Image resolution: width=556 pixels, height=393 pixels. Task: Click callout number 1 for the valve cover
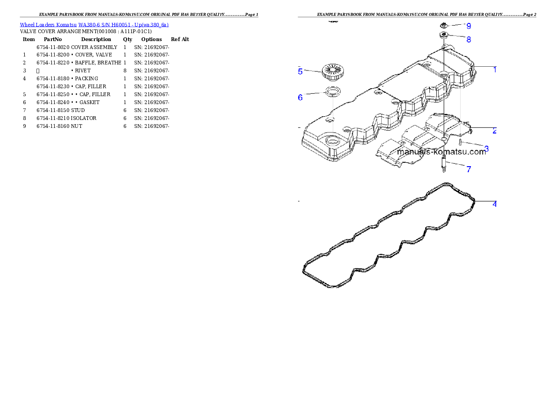coord(495,70)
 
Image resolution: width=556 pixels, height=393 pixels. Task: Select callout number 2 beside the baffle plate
coord(494,131)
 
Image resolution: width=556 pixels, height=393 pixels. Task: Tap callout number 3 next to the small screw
coord(486,148)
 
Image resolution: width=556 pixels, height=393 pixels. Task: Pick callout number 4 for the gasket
coord(494,204)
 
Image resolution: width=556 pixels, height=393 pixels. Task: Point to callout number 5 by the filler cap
coord(300,71)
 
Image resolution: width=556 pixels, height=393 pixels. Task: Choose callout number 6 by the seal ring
coord(300,97)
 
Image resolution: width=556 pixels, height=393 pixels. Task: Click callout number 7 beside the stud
coord(469,169)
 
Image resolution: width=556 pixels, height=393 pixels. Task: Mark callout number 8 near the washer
coord(469,39)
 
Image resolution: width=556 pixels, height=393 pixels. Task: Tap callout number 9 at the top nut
coord(469,26)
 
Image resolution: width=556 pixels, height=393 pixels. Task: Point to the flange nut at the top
coord(444,24)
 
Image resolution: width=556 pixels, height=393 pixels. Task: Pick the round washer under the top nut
coord(443,36)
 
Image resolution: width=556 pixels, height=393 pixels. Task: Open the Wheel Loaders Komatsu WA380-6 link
coord(94,25)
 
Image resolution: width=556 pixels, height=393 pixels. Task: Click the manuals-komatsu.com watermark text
coord(442,152)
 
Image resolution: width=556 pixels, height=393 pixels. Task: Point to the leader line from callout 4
coord(484,203)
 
